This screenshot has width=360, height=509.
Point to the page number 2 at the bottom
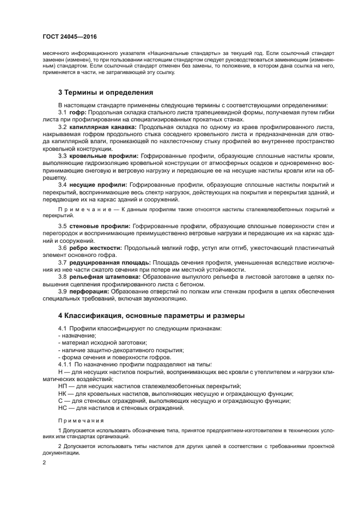tap(45, 463)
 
